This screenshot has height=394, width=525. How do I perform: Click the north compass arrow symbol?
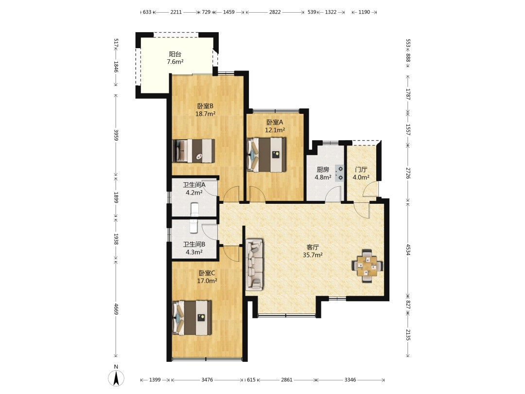pos(116,378)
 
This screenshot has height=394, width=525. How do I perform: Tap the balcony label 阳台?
pos(175,54)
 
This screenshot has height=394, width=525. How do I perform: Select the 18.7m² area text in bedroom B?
pos(205,113)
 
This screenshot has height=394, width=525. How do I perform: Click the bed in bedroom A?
pos(266,155)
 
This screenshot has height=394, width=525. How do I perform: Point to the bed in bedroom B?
pos(193,151)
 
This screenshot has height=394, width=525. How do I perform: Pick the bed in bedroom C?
pos(192,318)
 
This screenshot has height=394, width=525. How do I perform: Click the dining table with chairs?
pos(367,266)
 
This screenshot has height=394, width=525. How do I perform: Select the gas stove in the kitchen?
pos(339,173)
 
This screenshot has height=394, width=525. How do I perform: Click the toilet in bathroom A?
pos(194,209)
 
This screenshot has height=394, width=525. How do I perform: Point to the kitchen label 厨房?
pos(323,170)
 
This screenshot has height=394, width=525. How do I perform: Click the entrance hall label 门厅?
pos(361,170)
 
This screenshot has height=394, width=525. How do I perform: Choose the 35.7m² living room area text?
pos(313,255)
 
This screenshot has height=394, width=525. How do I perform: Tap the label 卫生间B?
pos(194,245)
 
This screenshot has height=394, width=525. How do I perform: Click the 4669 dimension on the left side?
pos(116,309)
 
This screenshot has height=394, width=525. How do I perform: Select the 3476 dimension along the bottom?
pos(207,379)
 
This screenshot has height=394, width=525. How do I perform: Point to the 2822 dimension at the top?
pos(275,12)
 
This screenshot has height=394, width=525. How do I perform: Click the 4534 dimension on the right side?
pos(408,249)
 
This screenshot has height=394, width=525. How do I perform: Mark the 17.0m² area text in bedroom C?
pos(207,281)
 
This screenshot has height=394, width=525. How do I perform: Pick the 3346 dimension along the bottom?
pos(350,379)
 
